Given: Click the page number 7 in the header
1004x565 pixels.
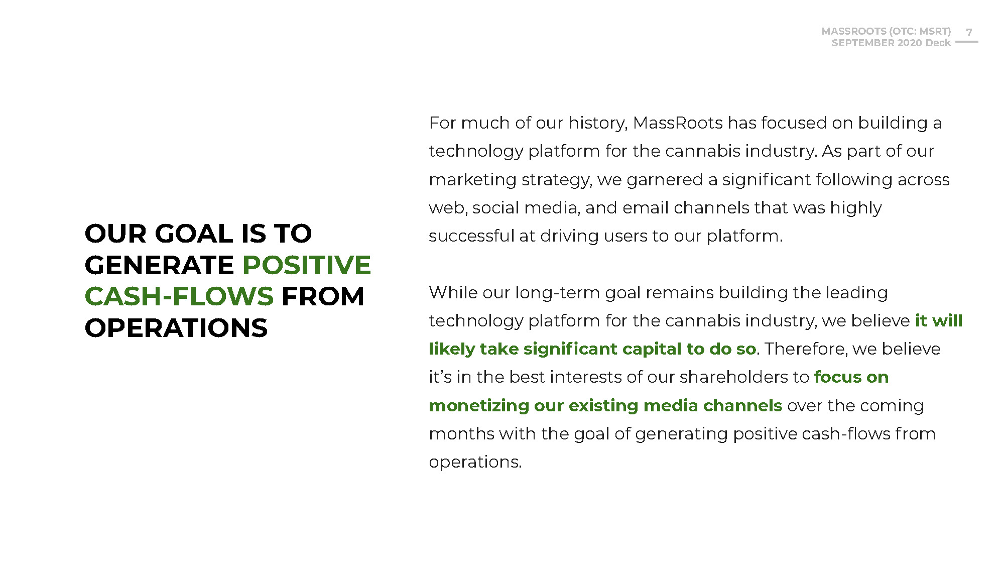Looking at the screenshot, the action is pos(969,32).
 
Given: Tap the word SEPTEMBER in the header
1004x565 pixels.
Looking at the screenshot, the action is pos(863,43).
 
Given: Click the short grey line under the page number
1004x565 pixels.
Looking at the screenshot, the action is pos(967,42).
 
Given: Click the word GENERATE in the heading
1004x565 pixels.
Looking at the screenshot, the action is pos(160,265).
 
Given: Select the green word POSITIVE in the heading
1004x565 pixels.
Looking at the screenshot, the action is pos(307,265).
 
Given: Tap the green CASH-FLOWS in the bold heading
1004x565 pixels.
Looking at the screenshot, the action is pos(179,296).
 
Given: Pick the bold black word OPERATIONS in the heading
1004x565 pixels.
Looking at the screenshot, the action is pos(176,328).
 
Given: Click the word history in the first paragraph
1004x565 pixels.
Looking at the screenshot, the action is pos(598,124).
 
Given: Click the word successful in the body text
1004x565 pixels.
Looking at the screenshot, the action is pos(471,236).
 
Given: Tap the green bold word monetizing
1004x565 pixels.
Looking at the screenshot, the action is pos(479,406).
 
